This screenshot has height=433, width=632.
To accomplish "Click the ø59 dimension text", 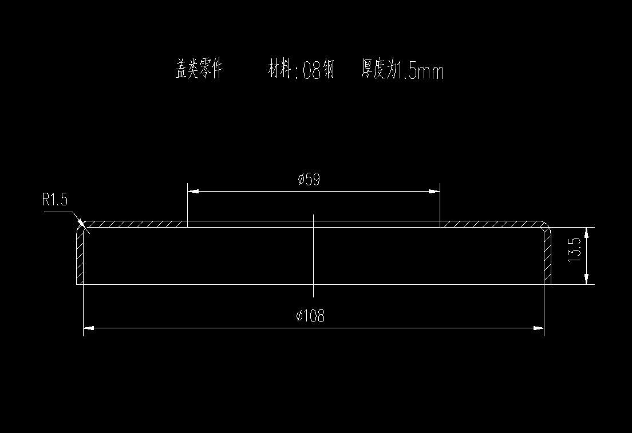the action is tap(309, 180).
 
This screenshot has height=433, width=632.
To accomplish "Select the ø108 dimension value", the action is tap(310, 316).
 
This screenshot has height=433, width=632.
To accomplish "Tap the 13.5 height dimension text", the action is tap(575, 250).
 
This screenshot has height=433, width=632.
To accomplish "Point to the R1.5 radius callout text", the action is tap(55, 200).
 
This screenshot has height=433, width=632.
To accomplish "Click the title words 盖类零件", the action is tap(198, 70).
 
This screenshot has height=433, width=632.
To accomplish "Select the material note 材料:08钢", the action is tap(301, 70).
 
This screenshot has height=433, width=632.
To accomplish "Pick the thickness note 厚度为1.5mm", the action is tap(402, 70).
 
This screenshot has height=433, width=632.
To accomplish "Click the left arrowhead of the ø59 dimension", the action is tap(193, 191).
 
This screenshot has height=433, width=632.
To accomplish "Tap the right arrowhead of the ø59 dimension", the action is tap(434, 191).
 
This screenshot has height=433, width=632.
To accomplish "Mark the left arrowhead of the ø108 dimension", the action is tap(89, 328).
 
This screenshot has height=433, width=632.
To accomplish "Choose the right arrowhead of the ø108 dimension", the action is tap(538, 328).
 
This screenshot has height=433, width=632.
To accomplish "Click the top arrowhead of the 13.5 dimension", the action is tap(587, 232).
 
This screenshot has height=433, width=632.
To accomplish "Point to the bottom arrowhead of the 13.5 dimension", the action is tap(587, 279).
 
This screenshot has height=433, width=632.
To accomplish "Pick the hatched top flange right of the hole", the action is tap(489, 224).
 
